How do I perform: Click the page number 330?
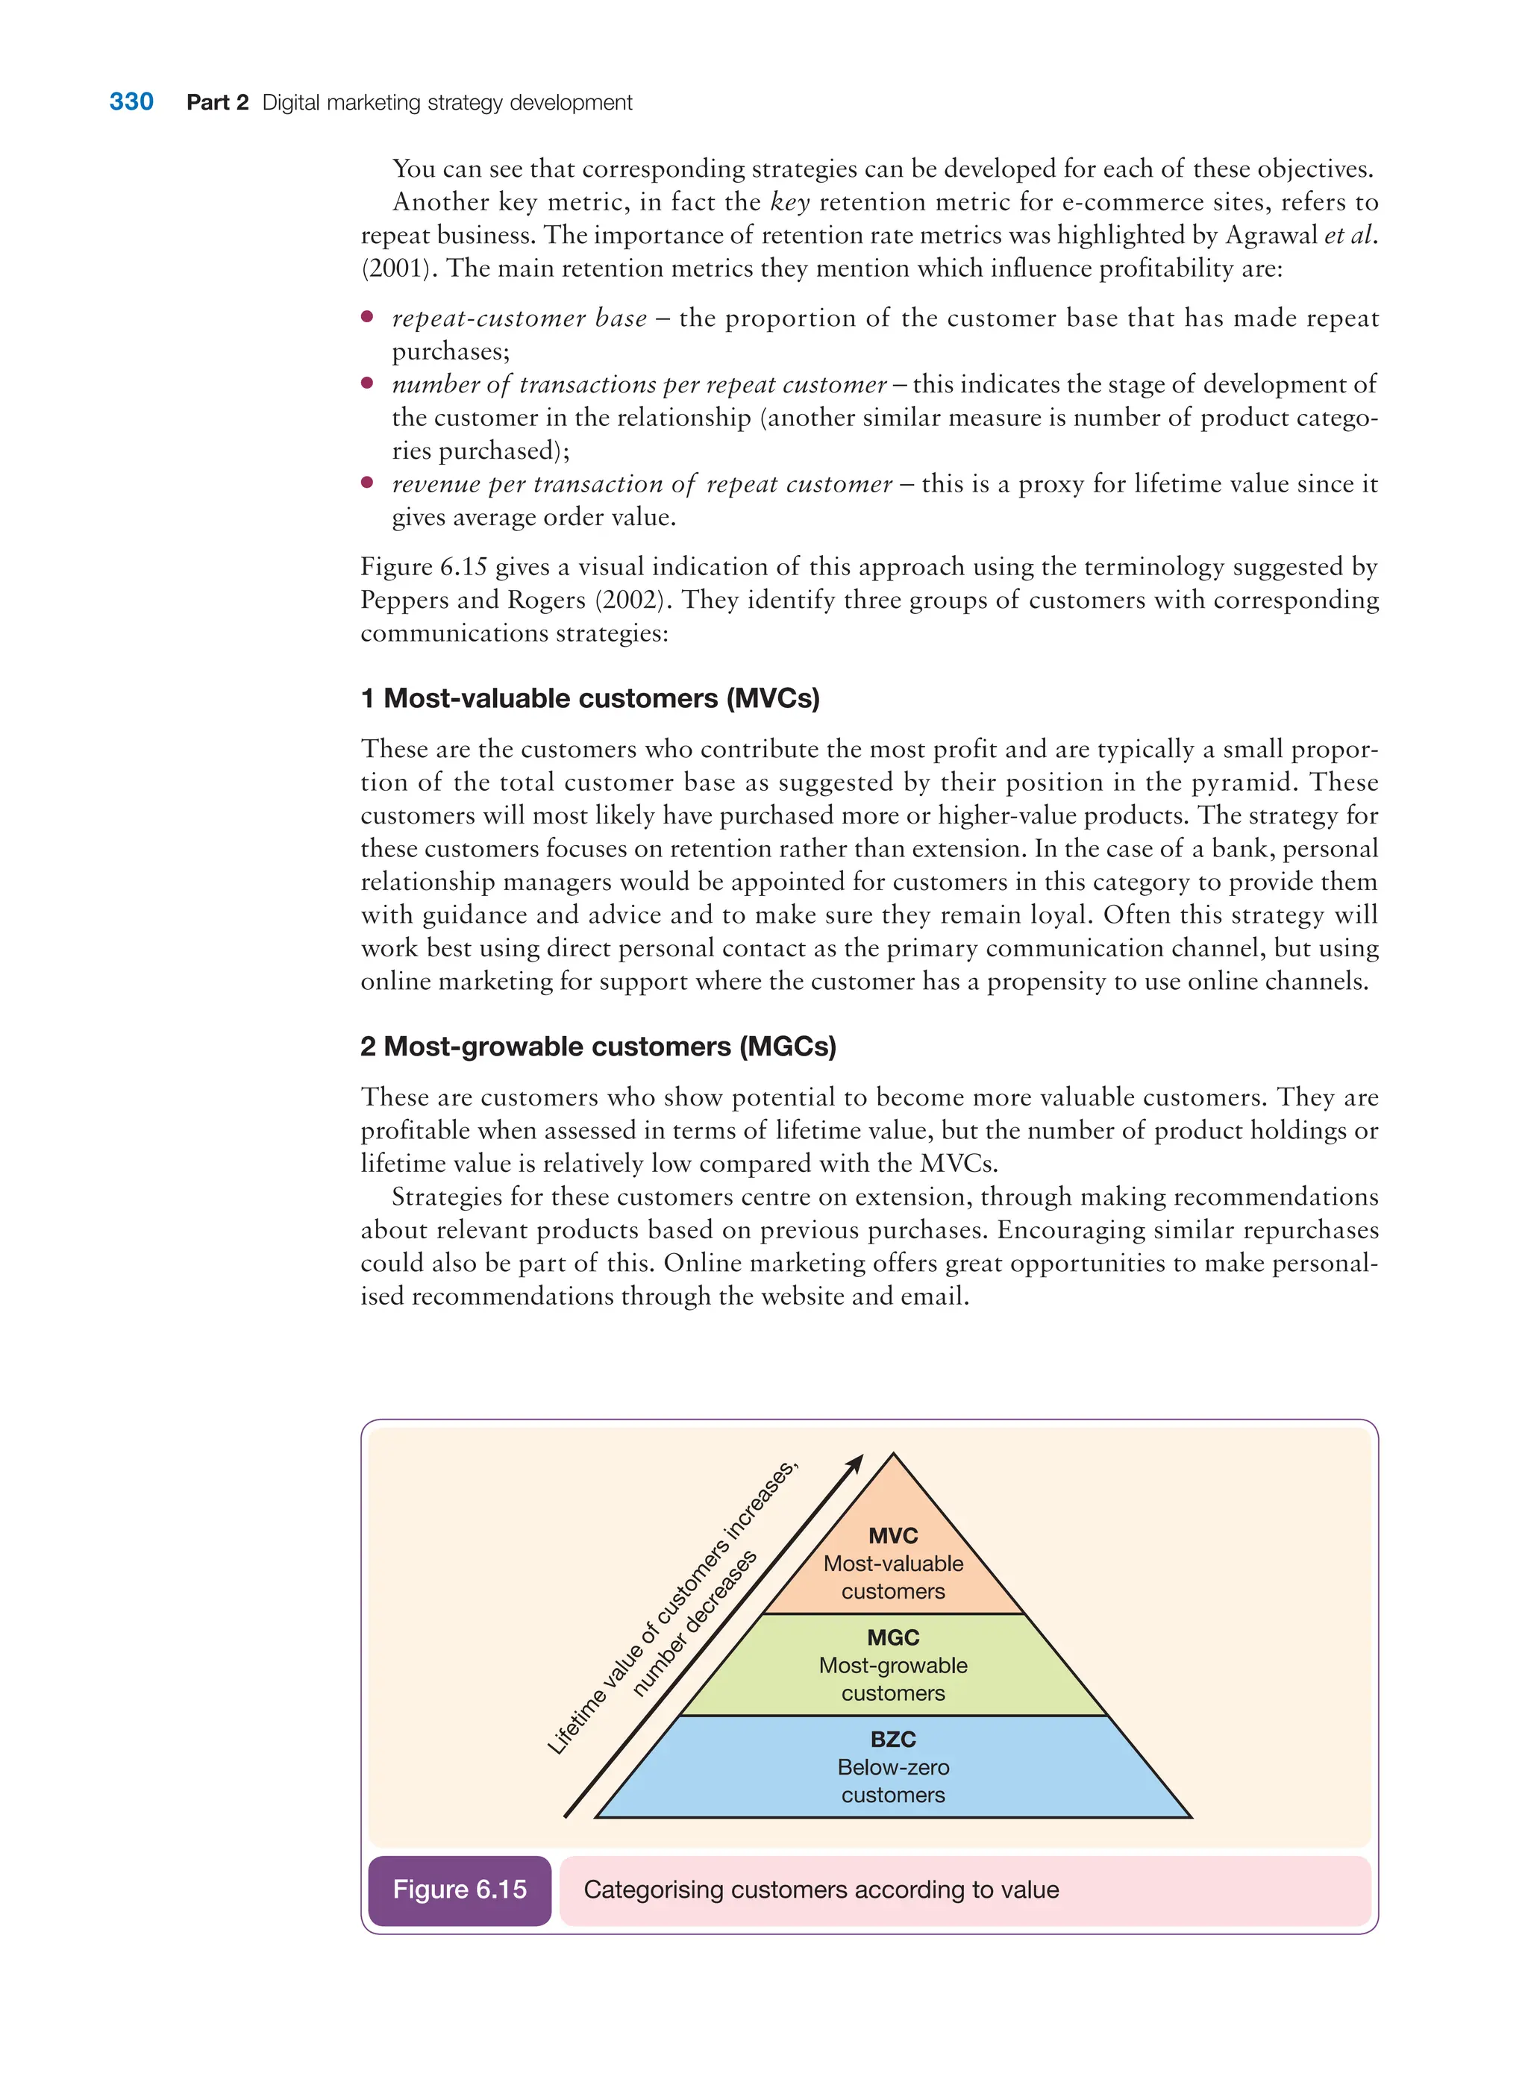coord(131,101)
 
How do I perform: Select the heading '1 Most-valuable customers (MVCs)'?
coord(590,698)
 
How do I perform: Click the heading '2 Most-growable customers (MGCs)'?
coord(598,1046)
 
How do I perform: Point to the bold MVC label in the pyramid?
coord(892,1536)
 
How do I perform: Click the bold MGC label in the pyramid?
coord(892,1637)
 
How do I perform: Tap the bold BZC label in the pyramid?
coord(892,1740)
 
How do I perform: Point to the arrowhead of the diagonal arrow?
coord(857,1462)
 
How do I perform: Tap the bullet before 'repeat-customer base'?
coord(367,317)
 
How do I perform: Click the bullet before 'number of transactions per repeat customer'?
coord(367,383)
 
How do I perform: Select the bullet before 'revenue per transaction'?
coord(367,483)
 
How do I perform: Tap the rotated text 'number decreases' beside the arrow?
coord(695,1623)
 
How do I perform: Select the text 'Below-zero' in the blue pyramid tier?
coord(892,1767)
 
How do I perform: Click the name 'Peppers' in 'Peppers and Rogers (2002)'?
coord(404,600)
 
